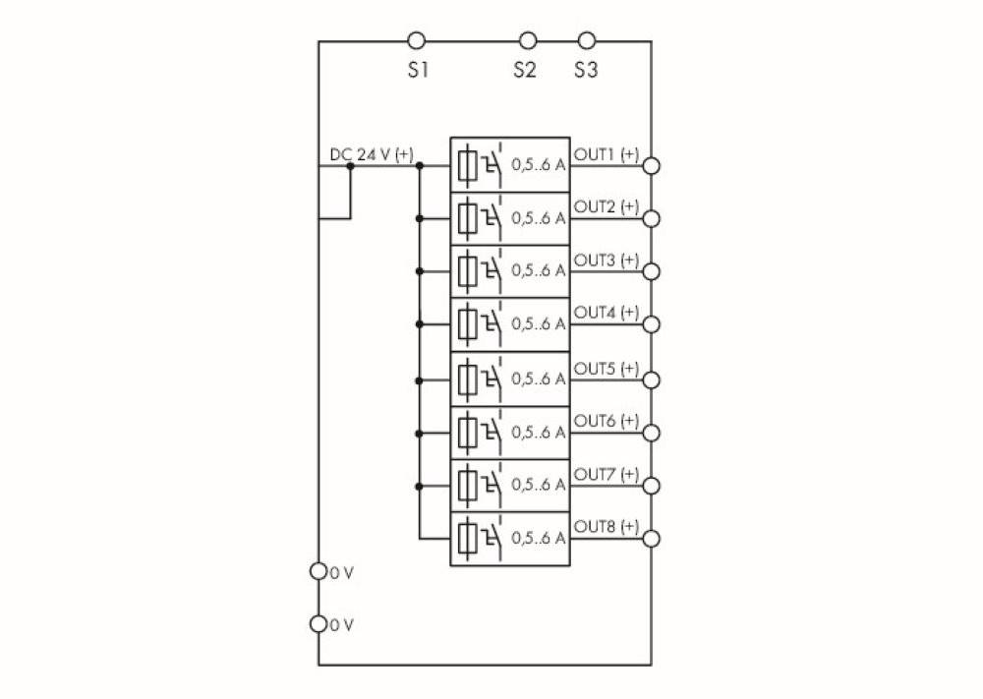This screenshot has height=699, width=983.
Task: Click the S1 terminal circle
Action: (x=417, y=41)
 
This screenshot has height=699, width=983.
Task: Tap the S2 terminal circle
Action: (x=528, y=41)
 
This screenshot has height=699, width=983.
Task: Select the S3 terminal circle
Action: (x=587, y=41)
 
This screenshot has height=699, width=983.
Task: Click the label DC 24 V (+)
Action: (x=372, y=155)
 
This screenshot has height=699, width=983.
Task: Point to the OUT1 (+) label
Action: (x=607, y=154)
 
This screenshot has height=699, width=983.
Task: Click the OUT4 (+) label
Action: (x=607, y=313)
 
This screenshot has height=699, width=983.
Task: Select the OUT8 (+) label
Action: (x=607, y=527)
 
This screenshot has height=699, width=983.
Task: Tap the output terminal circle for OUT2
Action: (x=650, y=218)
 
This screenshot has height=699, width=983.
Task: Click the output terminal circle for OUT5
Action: (x=650, y=379)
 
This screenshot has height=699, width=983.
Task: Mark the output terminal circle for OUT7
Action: (x=650, y=486)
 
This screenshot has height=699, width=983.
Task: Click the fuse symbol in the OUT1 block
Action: (x=468, y=165)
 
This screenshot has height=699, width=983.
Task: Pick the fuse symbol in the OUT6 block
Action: (x=468, y=432)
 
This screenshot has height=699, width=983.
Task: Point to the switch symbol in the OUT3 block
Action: (x=491, y=269)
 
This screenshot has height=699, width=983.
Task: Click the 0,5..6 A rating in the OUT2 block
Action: (x=538, y=218)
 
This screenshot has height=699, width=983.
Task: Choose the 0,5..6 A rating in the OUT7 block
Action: (x=538, y=485)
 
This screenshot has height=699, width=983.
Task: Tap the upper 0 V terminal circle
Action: (x=318, y=571)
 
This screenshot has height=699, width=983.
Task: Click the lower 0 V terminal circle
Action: (x=318, y=623)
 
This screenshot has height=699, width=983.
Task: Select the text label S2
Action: (x=524, y=71)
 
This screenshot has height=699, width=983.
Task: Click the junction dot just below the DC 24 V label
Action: (x=350, y=167)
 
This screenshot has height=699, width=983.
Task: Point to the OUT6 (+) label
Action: (x=607, y=421)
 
